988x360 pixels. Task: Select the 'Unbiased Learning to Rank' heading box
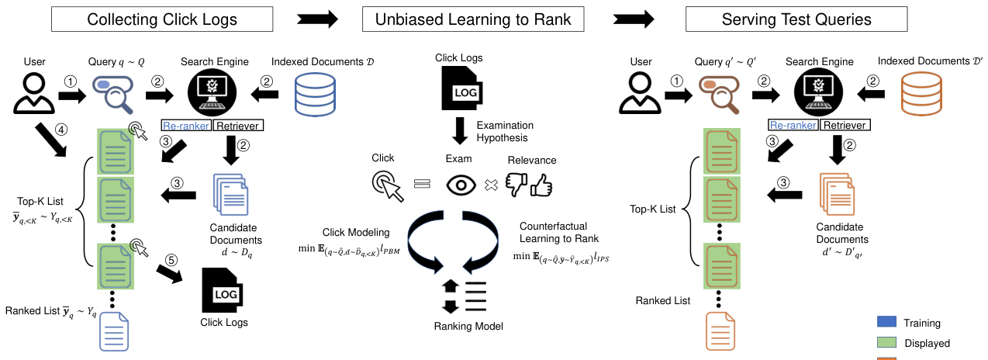tap(474, 19)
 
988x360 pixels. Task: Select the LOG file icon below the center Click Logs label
tap(464, 88)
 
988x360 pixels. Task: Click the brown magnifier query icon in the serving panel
tap(719, 92)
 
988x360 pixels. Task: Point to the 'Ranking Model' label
tap(468, 327)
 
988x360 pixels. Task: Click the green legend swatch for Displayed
tap(886, 343)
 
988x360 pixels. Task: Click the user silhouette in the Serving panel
tap(641, 92)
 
